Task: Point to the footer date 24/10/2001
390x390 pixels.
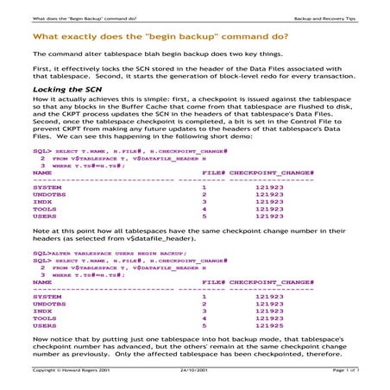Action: click(195, 369)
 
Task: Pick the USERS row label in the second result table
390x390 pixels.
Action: click(43, 325)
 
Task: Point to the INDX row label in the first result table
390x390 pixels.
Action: click(41, 200)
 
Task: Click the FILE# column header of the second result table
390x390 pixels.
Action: click(211, 281)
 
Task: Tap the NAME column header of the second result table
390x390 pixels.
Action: click(42, 281)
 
